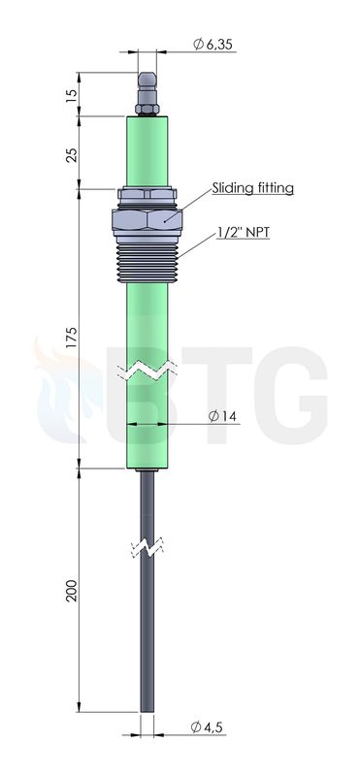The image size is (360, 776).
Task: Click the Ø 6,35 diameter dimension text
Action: [213, 45]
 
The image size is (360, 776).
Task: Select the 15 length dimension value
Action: [73, 94]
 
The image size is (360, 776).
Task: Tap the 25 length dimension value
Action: [73, 155]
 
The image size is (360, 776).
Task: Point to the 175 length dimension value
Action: [73, 337]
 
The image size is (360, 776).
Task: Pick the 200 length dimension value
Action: [73, 590]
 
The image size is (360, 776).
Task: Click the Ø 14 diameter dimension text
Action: [222, 416]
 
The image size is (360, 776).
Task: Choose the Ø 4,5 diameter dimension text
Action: [207, 727]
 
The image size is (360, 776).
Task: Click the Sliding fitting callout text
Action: [253, 188]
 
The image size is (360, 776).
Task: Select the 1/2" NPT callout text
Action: [244, 232]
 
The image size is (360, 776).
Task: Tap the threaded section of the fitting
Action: [147, 263]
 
